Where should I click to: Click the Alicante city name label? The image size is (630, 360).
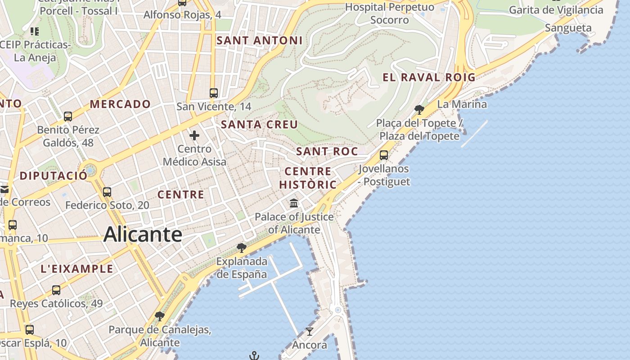click(x=143, y=234)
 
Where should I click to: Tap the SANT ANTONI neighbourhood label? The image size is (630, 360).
click(x=260, y=40)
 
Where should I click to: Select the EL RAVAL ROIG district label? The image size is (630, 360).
click(x=429, y=77)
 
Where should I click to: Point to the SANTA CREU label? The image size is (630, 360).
click(x=260, y=124)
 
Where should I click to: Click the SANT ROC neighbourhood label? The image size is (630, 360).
click(x=327, y=152)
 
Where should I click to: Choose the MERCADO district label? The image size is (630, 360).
click(x=120, y=104)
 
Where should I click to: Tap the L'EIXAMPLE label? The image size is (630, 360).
click(x=77, y=269)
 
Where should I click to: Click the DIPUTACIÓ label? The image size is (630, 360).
click(x=54, y=175)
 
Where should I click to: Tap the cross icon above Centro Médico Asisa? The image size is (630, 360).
click(x=194, y=135)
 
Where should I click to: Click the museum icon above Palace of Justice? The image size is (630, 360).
click(x=294, y=203)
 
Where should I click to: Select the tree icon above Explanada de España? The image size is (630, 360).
click(x=242, y=247)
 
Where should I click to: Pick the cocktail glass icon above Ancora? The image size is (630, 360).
click(x=310, y=332)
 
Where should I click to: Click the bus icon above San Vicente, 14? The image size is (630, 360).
click(x=214, y=93)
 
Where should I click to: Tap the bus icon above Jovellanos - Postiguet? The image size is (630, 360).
click(x=384, y=155)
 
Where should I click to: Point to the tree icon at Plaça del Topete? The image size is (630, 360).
click(x=419, y=109)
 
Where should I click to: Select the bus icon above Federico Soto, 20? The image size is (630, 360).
click(x=107, y=192)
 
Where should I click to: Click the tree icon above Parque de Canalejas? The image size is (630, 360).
click(x=159, y=316)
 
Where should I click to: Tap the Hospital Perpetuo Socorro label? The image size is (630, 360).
click(x=390, y=13)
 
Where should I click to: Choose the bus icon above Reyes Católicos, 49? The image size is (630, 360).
click(x=56, y=290)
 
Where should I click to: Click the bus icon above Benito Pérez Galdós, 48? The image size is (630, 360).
click(x=68, y=117)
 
